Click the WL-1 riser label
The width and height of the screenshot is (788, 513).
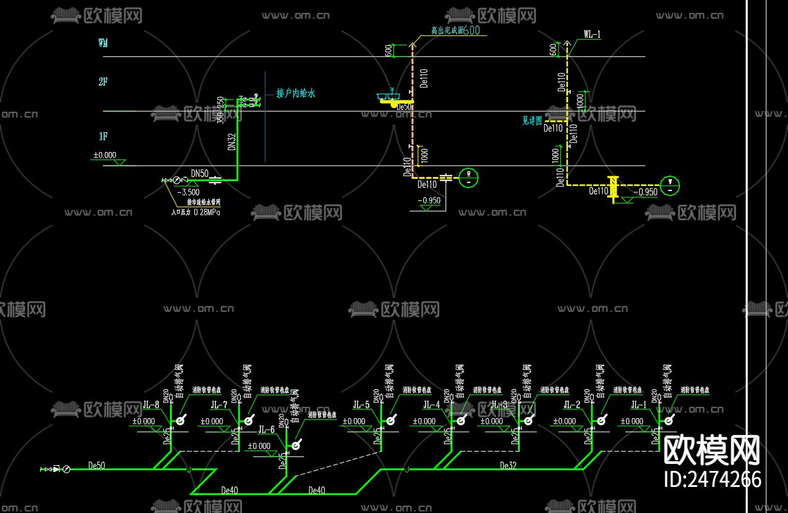click(592, 35)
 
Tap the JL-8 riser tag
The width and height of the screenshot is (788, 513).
click(151, 406)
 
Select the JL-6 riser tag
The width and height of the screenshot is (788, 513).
click(266, 429)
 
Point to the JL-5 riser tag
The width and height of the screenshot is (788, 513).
click(361, 405)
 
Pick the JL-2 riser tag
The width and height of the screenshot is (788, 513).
click(572, 405)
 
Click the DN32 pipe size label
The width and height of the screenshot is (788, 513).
click(231, 142)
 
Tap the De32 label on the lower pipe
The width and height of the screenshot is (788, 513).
click(508, 465)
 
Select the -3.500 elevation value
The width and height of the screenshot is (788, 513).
click(188, 192)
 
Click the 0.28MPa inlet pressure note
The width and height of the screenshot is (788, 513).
click(195, 212)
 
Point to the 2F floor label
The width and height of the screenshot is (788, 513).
click(103, 81)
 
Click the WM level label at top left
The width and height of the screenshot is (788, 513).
click(103, 43)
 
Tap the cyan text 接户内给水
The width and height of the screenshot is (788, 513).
click(296, 94)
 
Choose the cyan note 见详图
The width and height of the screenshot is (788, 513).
click(532, 121)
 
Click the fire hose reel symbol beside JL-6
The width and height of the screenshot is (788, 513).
click(297, 444)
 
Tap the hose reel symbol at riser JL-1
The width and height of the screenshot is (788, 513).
click(669, 421)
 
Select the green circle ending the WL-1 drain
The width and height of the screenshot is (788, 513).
click(670, 185)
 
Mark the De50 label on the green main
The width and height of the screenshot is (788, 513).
click(97, 465)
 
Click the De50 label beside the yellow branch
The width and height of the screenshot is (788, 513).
click(403, 107)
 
